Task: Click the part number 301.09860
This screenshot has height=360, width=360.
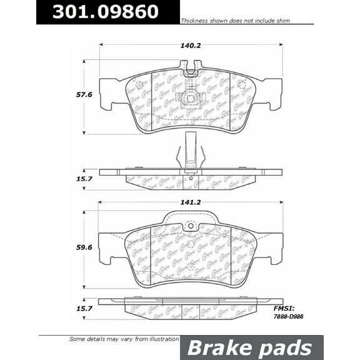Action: pos(105,12)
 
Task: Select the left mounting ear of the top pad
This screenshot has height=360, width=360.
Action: pos(111,92)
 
